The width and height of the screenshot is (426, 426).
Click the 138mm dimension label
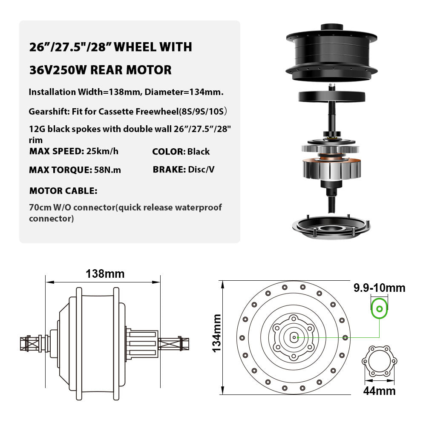(105, 274)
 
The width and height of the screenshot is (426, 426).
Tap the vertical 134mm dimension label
(217, 334)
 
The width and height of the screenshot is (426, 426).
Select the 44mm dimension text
(379, 391)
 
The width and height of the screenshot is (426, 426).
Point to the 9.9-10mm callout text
(379, 288)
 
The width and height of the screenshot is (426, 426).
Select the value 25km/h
(102, 151)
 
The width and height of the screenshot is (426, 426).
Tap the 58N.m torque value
(107, 170)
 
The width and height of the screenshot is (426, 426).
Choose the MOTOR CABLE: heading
(63, 191)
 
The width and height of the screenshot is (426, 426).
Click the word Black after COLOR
(199, 151)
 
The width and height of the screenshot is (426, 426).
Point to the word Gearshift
(49, 112)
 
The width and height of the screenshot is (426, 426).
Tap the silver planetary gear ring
(331, 149)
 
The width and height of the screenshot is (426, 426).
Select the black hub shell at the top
(331, 53)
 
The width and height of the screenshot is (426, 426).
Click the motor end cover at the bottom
(331, 227)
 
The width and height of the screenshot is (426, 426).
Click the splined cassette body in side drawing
(142, 343)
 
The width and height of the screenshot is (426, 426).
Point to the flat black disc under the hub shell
(331, 97)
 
